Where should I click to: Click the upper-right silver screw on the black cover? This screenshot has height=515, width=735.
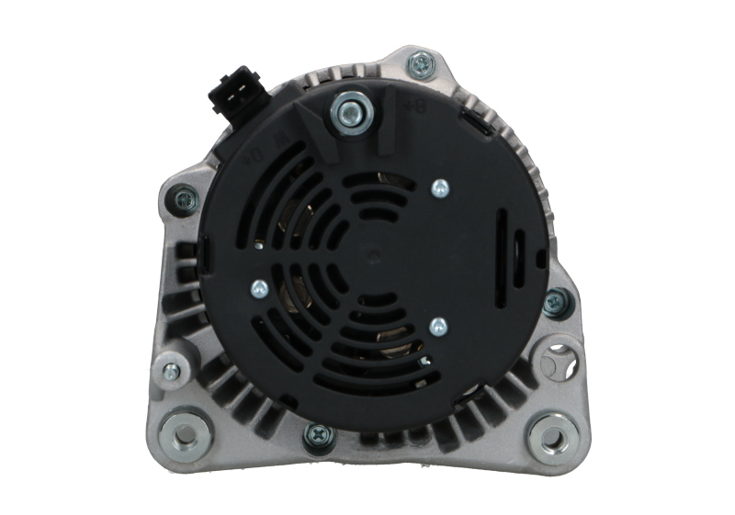point(439,189)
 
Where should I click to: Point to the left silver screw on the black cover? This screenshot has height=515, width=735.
point(260,290)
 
